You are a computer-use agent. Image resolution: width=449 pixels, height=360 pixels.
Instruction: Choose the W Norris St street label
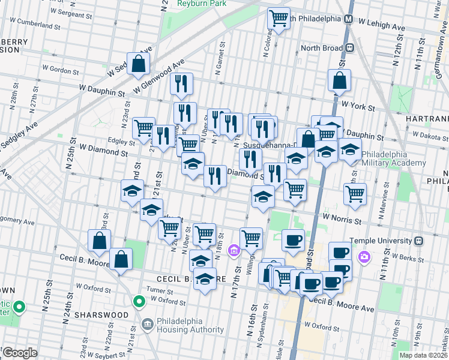pos(343,220)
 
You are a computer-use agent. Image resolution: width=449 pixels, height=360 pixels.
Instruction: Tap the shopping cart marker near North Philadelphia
pos(278,18)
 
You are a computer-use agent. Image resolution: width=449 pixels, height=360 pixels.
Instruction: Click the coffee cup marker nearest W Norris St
pos(293,240)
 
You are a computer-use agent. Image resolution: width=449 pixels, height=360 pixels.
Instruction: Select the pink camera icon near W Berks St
pos(364,257)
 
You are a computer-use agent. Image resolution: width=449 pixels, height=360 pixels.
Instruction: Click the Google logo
pos(20,353)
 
